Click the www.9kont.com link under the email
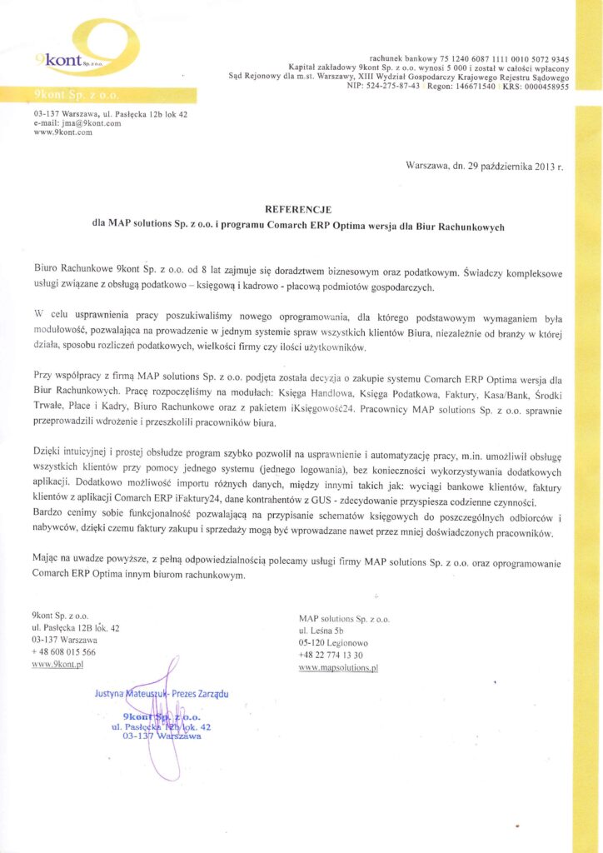click(x=62, y=132)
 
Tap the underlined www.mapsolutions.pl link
click(x=338, y=668)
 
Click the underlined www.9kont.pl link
click(x=57, y=664)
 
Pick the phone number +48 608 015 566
click(x=63, y=651)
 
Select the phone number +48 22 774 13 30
click(x=331, y=656)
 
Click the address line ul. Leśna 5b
click(x=320, y=631)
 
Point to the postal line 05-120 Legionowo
click(x=333, y=643)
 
